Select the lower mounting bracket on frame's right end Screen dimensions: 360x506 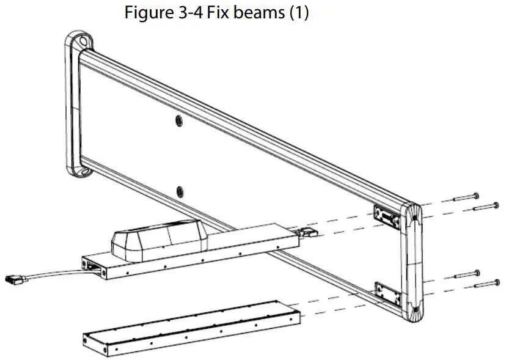[x=389, y=295]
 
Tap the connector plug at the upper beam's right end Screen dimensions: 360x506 [x=309, y=232]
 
